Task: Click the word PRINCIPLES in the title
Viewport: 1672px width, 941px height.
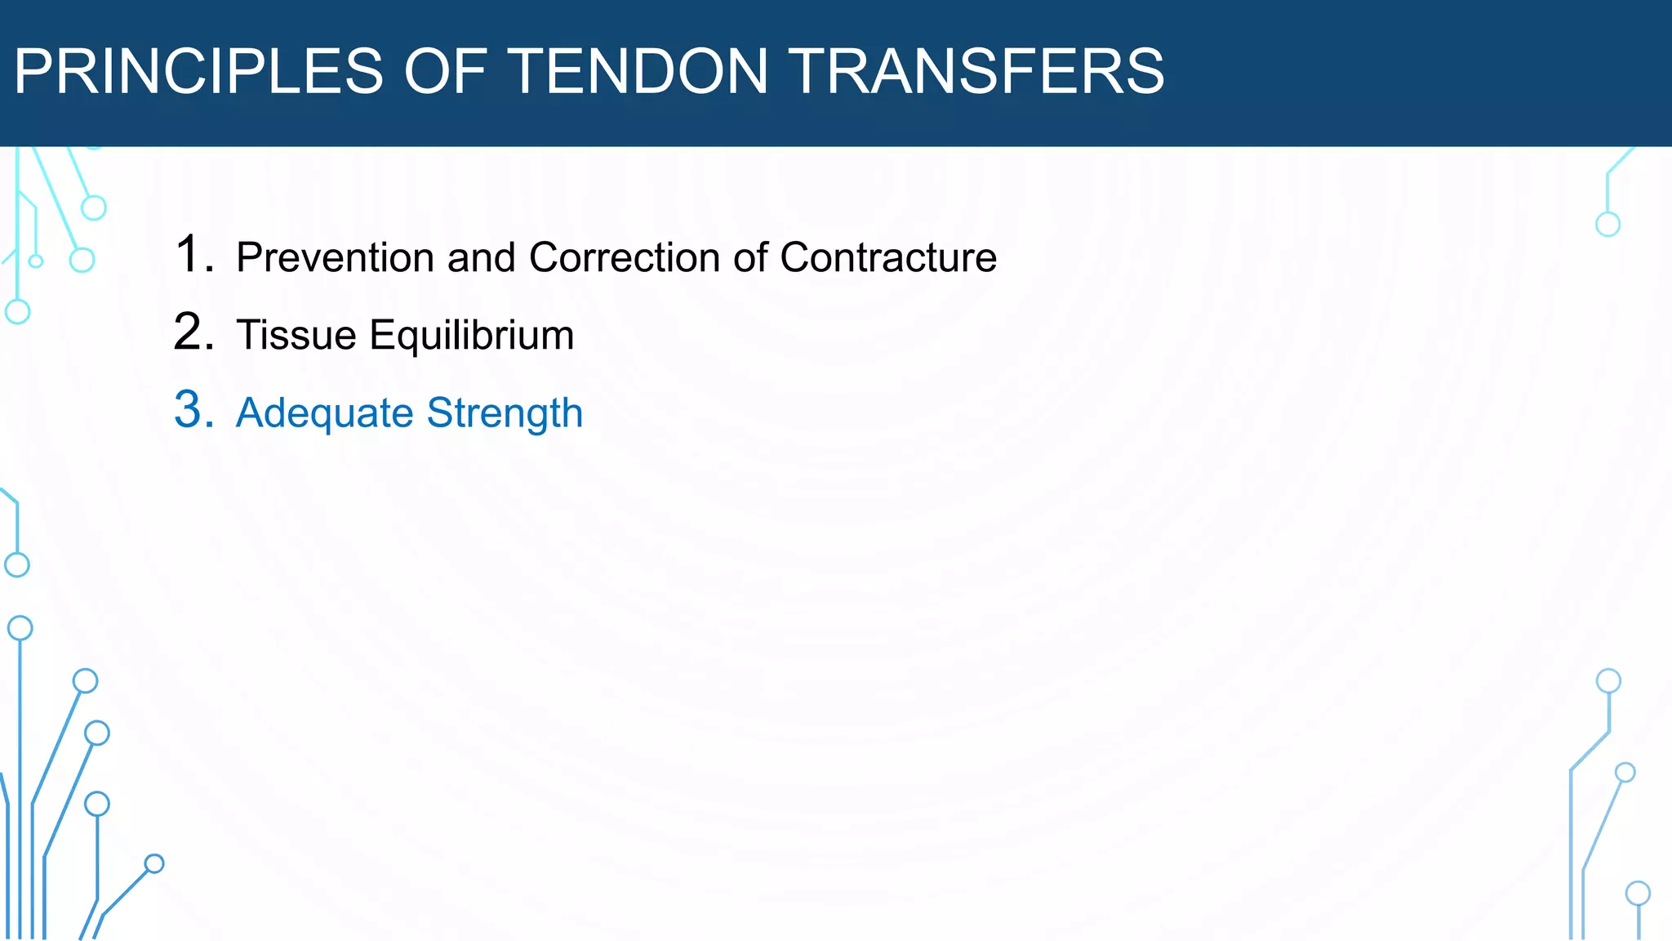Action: click(x=198, y=71)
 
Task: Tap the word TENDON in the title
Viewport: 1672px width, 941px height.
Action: click(x=639, y=71)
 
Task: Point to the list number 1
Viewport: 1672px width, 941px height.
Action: click(x=193, y=254)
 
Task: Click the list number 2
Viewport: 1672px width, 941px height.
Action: click(x=193, y=332)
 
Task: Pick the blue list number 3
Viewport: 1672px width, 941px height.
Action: click(x=193, y=410)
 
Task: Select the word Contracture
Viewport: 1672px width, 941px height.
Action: click(x=888, y=257)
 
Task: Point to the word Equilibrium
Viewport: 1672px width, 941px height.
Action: click(x=472, y=335)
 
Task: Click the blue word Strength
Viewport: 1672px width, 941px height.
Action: click(x=505, y=413)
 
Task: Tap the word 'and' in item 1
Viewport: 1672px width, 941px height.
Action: click(x=482, y=257)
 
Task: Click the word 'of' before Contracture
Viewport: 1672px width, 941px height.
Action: click(x=750, y=257)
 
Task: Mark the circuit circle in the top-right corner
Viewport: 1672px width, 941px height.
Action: click(x=1608, y=224)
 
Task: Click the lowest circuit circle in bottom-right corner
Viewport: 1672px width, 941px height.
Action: click(x=1638, y=893)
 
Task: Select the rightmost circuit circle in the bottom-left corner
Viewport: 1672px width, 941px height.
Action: click(x=154, y=863)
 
